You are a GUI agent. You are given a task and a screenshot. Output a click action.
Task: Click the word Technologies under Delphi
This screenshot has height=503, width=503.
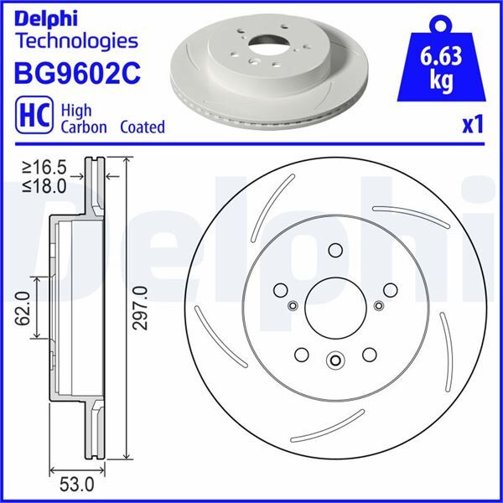pos(76,39)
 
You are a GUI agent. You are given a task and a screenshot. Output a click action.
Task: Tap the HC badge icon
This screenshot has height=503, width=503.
pos(30,116)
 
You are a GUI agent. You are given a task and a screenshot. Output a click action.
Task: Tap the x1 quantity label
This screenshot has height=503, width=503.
pos(474,125)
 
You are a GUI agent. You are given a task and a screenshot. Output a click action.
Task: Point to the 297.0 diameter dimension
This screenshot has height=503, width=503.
pos(140,309)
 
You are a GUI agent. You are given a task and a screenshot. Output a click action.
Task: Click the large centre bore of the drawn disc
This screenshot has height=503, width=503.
pos(335,305)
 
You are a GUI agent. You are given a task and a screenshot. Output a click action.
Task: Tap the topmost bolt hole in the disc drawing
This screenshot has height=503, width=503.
pos(335,250)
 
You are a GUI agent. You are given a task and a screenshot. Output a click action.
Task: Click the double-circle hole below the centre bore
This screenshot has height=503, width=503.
pos(335,361)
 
